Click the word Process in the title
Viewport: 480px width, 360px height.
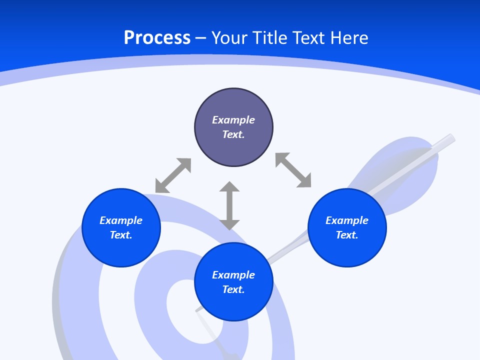click(x=157, y=38)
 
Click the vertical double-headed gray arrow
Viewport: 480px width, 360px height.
click(x=229, y=206)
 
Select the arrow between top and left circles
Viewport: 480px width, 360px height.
click(x=173, y=175)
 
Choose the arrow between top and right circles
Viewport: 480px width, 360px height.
click(x=293, y=170)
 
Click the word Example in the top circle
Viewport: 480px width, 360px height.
click(x=233, y=120)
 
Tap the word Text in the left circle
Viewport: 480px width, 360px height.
click(x=121, y=235)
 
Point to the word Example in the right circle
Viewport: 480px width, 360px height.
click(x=347, y=220)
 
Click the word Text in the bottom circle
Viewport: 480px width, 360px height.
click(x=233, y=289)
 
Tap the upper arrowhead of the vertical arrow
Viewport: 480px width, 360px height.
click(x=229, y=187)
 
